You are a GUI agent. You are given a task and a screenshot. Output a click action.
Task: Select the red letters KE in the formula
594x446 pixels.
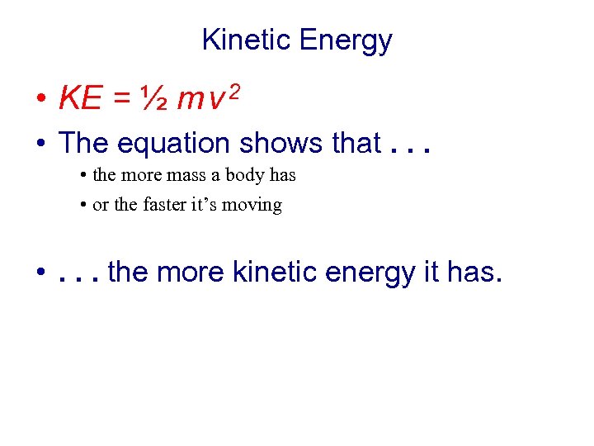[80, 100]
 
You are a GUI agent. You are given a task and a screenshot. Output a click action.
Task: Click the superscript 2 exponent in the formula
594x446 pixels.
[234, 92]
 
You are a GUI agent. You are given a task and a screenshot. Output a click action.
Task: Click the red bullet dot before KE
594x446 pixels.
[40, 102]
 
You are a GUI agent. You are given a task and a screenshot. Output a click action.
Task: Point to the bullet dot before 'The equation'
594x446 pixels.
[40, 145]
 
